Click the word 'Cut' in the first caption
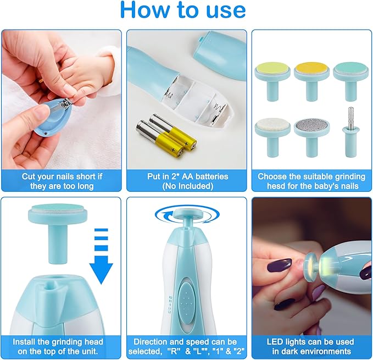29,176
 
